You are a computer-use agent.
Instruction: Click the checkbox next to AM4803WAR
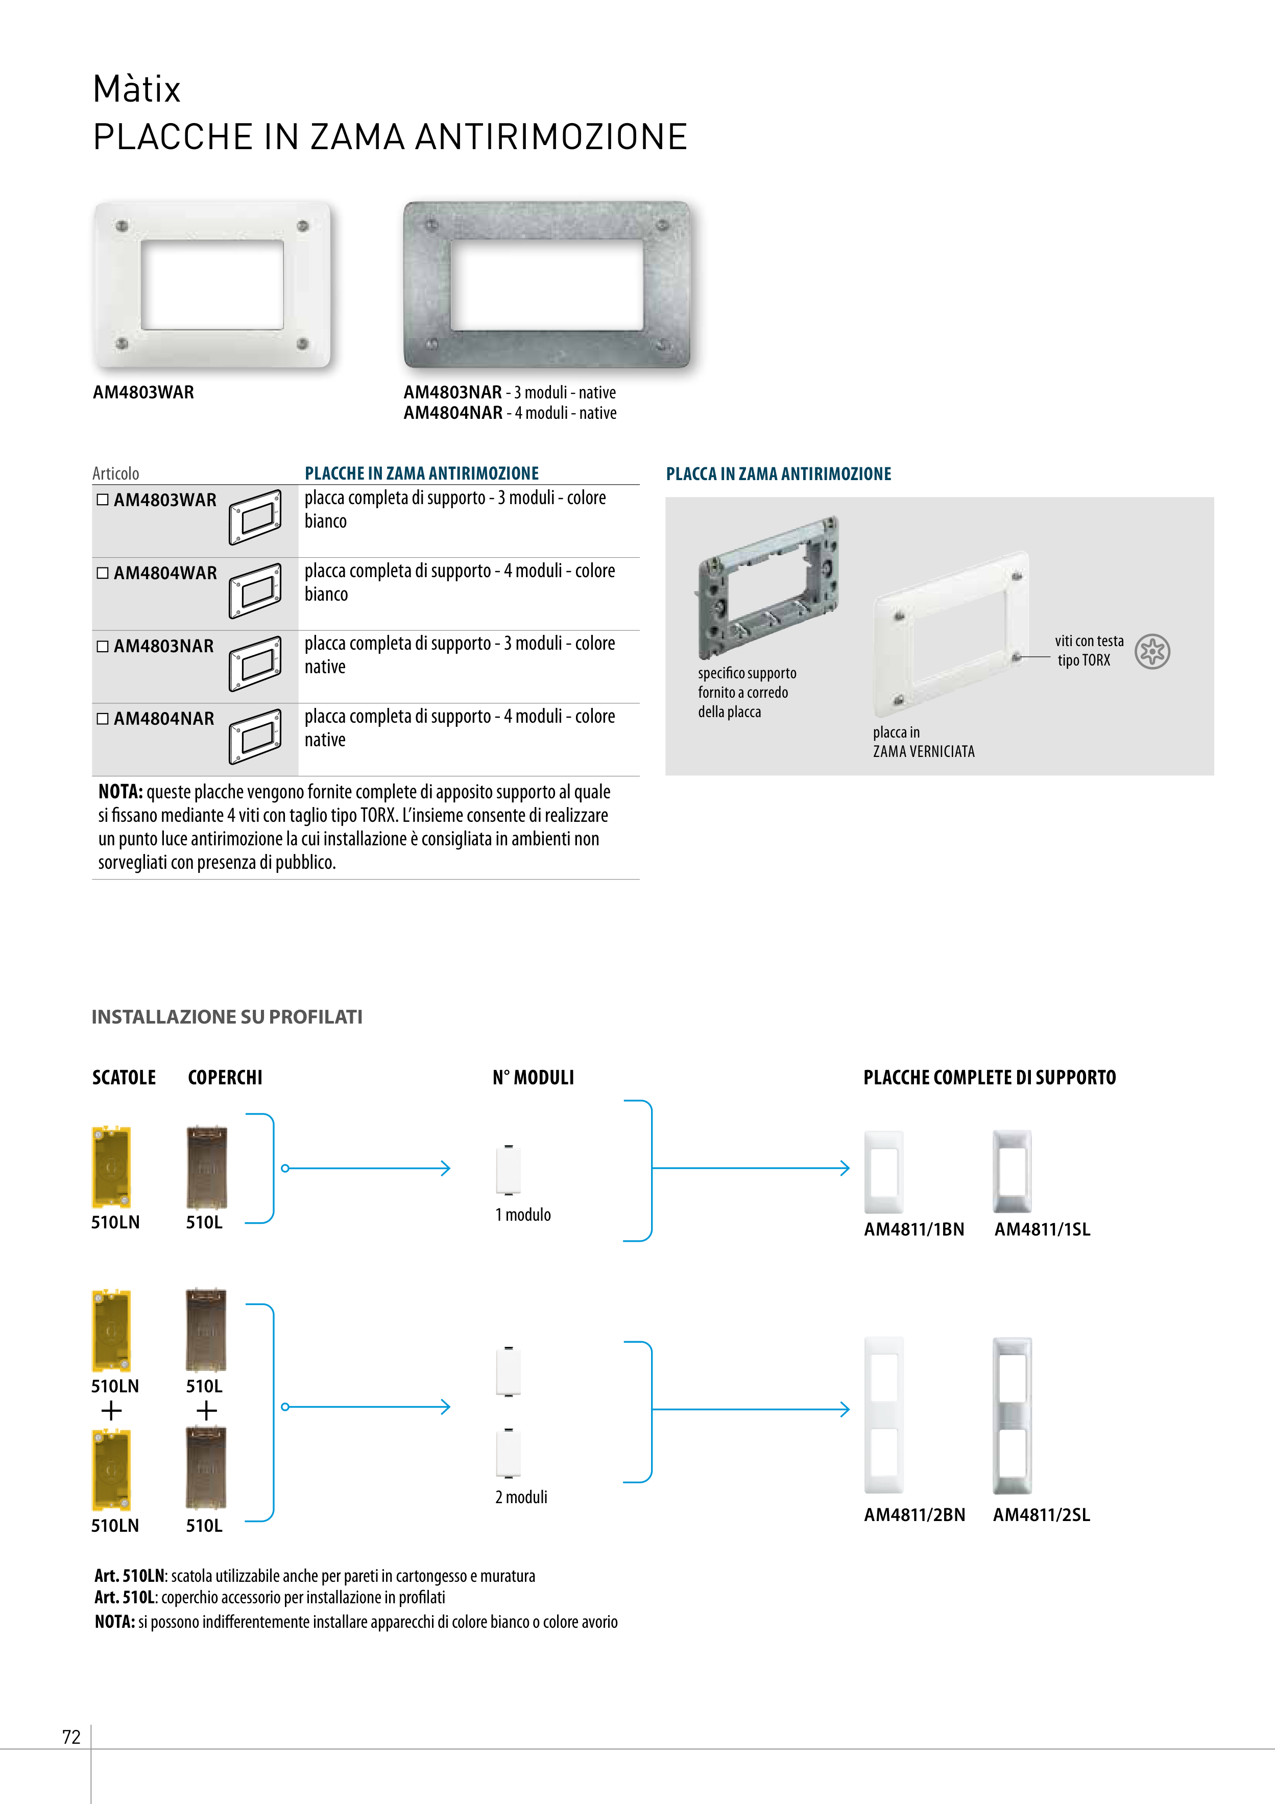102,500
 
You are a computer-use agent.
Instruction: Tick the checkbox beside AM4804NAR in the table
102,719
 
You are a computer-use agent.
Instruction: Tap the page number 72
71,1737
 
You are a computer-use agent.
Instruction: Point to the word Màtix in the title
137,89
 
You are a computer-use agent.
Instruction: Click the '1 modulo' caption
522,1215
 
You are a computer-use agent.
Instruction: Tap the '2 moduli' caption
521,1498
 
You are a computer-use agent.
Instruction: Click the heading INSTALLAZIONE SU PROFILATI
227,1017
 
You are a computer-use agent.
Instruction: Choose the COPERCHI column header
225,1077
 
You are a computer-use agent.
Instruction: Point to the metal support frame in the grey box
767,585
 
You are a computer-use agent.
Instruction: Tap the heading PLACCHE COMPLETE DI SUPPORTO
989,1077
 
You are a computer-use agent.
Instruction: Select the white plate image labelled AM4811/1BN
884,1172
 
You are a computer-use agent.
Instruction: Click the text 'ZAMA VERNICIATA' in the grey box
923,752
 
